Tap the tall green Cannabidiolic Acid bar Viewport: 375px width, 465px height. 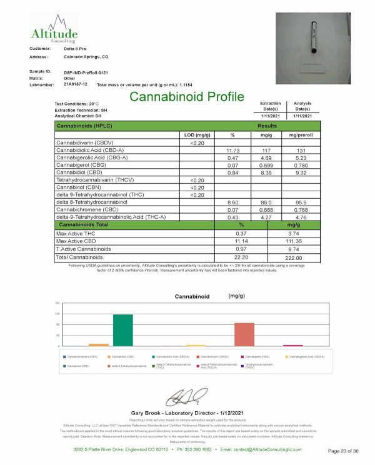(122, 329)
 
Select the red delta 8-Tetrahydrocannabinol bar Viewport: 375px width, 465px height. (244, 334)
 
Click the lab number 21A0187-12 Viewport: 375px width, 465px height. (76, 84)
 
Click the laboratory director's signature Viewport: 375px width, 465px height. (186, 396)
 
